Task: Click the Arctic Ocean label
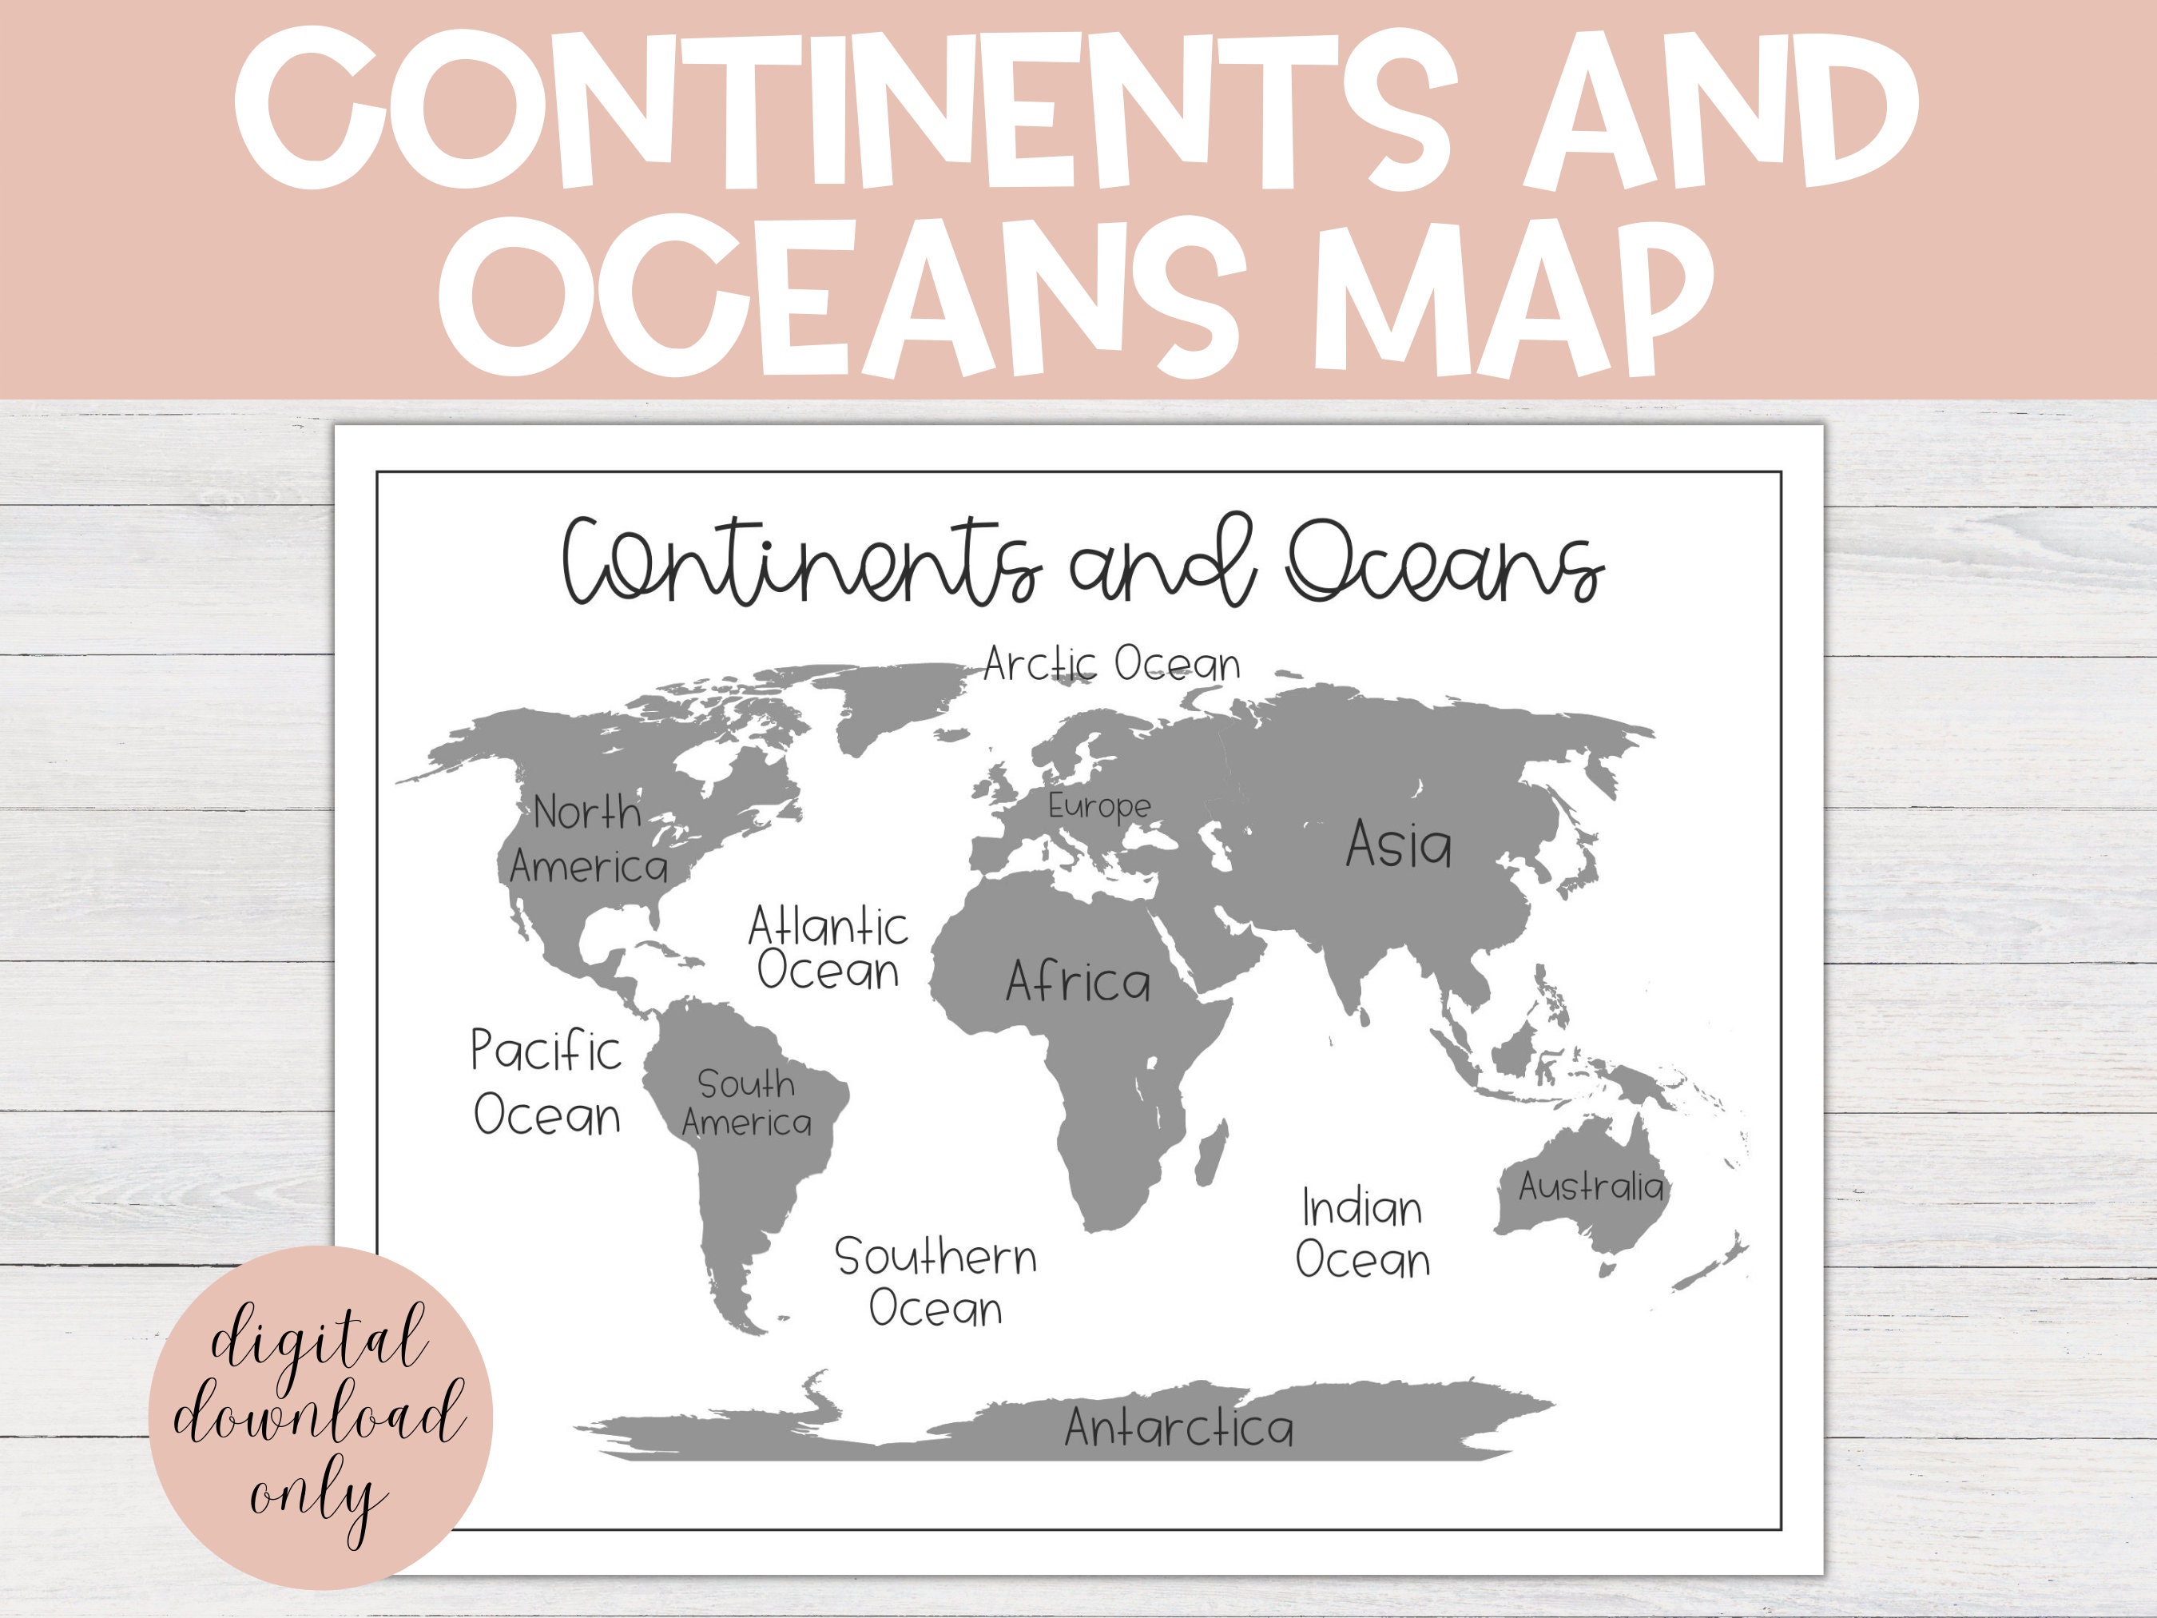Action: click(1112, 664)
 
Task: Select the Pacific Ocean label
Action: click(547, 1083)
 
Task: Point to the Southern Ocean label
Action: click(936, 1282)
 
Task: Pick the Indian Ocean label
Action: click(1362, 1234)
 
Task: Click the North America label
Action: click(588, 840)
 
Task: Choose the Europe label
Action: click(1099, 806)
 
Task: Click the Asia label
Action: click(1398, 845)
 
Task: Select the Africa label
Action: click(1078, 982)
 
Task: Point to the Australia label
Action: click(1591, 1186)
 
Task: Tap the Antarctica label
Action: click(1179, 1428)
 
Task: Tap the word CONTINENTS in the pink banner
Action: click(839, 109)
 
